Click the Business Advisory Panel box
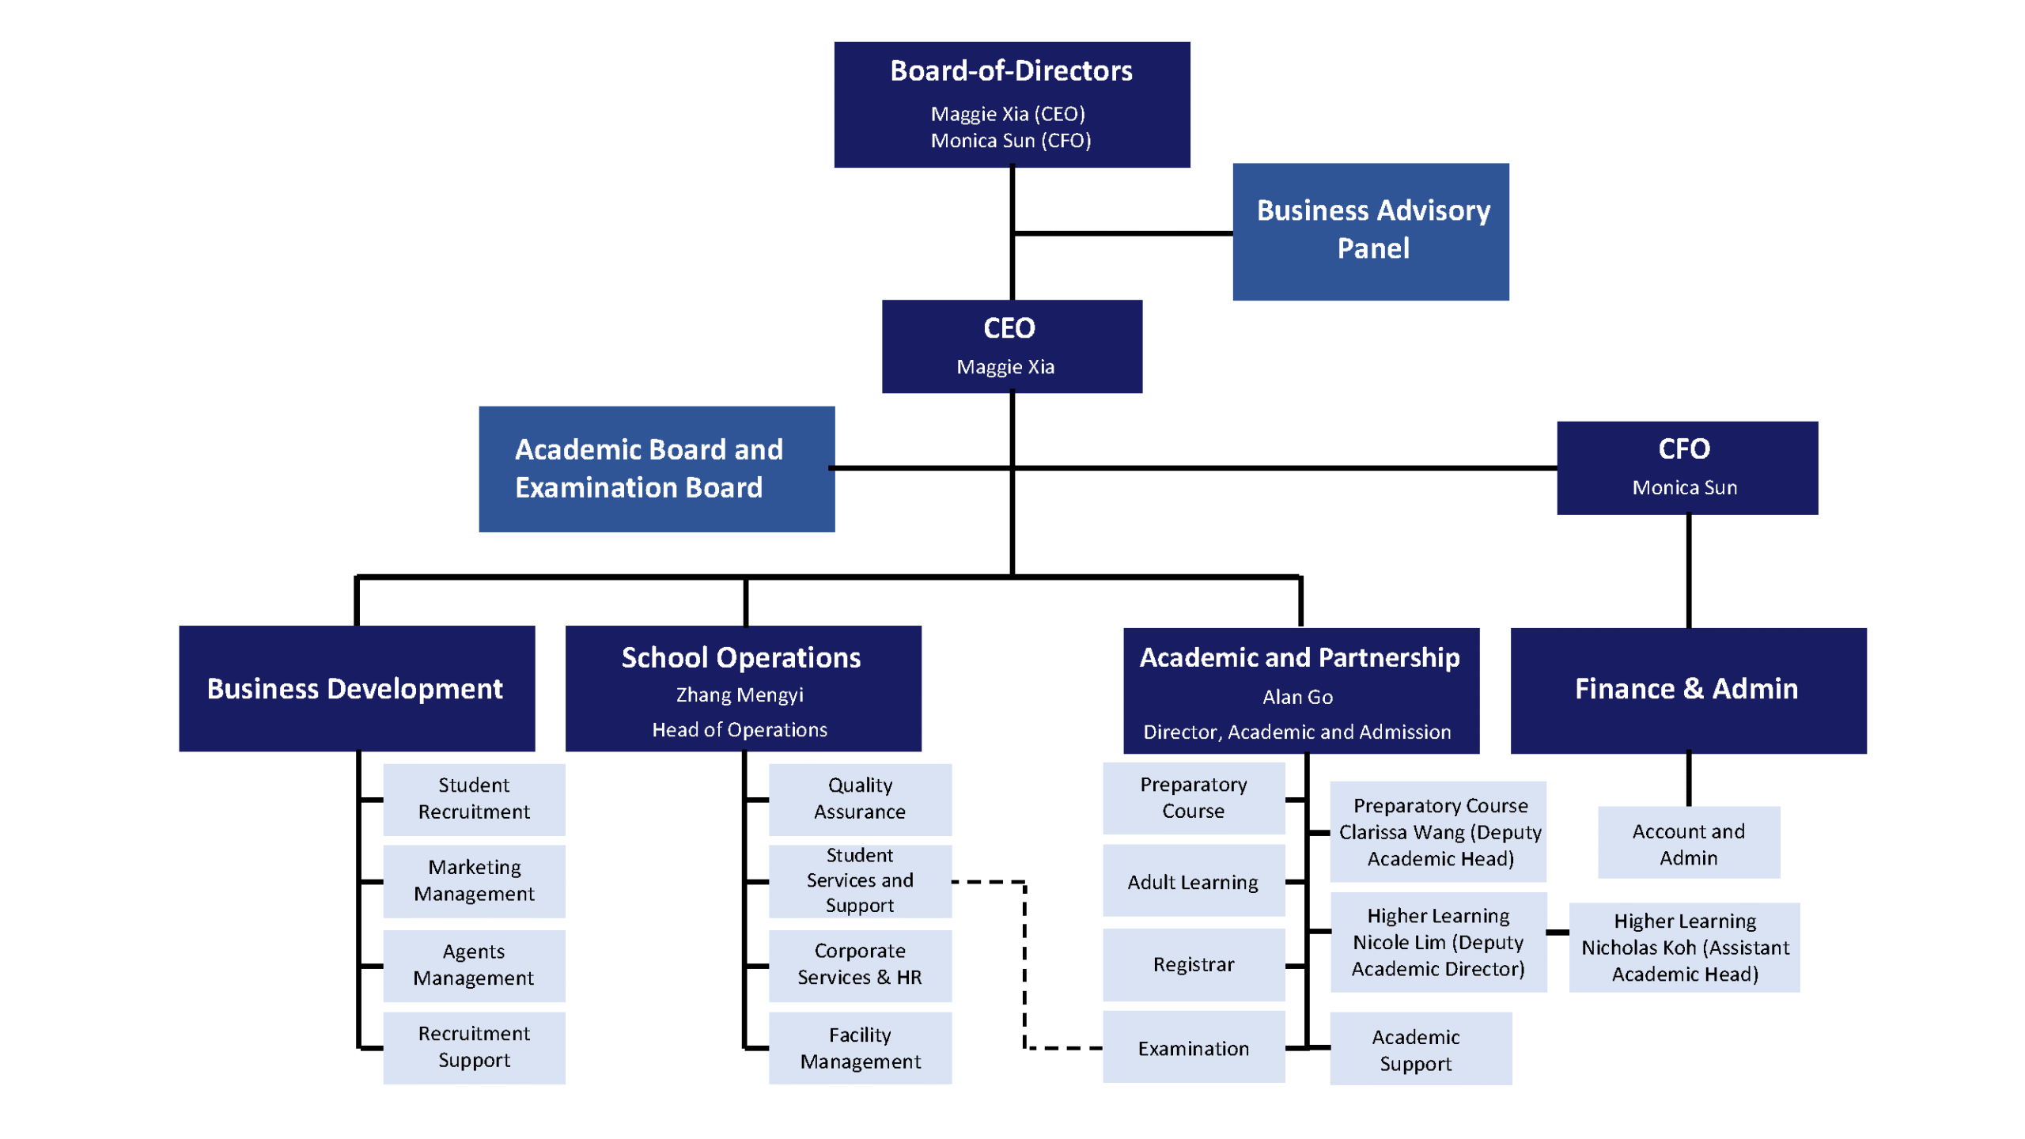click(x=1369, y=231)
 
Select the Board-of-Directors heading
click(x=1010, y=71)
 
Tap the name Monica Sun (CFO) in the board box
click(x=1010, y=141)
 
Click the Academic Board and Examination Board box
click(x=656, y=468)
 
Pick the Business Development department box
click(x=356, y=688)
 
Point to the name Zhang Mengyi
click(x=739, y=694)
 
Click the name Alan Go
click(x=1296, y=697)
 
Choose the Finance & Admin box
click(x=1687, y=690)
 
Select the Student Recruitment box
click(x=473, y=798)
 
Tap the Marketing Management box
click(x=473, y=880)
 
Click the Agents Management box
click(x=473, y=964)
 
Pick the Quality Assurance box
click(x=859, y=798)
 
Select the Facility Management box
click(x=859, y=1047)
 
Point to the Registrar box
click(x=1193, y=963)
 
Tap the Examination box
click(x=1193, y=1048)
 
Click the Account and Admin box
click(x=1688, y=843)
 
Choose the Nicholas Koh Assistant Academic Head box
click(x=1684, y=947)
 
